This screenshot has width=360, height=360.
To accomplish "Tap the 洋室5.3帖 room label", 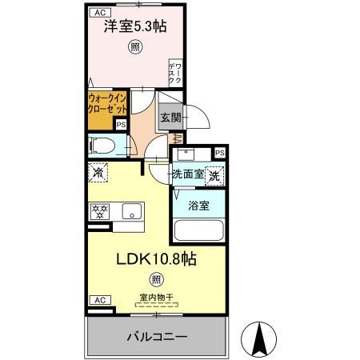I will click(135, 26).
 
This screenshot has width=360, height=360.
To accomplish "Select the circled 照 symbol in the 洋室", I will click(134, 47).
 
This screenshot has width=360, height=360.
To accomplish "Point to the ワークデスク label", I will click(174, 72).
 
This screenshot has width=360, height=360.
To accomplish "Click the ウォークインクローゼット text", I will click(107, 103).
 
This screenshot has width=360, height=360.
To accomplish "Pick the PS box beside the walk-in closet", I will click(121, 124).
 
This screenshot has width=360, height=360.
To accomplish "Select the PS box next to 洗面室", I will click(218, 153).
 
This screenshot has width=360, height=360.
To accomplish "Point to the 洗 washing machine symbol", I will click(214, 174).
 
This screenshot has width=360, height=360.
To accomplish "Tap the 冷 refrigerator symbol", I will click(98, 172).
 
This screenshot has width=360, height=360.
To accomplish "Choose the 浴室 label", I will click(198, 206).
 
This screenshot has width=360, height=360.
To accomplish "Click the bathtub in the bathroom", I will click(198, 231).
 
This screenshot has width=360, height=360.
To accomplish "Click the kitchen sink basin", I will click(132, 212).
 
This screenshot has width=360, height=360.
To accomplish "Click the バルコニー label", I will click(157, 335).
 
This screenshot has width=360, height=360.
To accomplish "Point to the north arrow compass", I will click(259, 340).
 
